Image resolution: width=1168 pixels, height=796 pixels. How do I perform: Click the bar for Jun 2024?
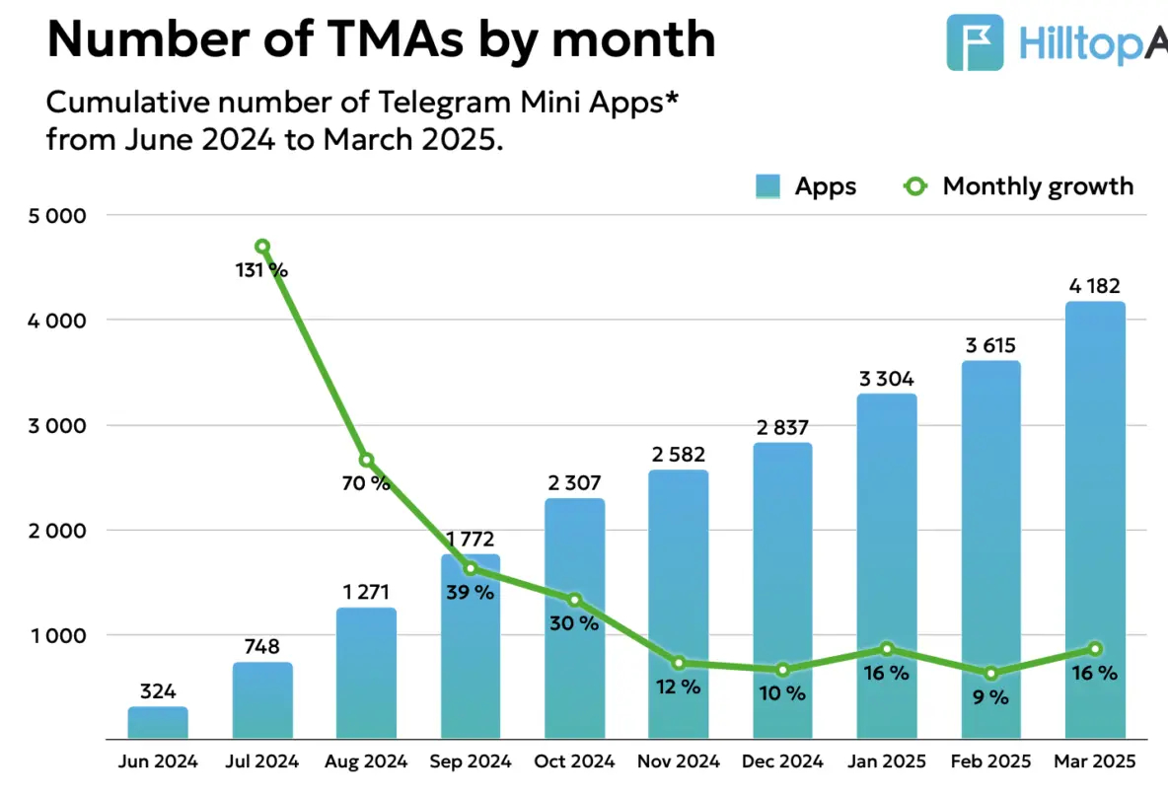pos(158,723)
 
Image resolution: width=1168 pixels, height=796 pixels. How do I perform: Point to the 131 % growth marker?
pos(261,247)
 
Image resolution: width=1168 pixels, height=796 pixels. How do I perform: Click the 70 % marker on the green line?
pos(366,461)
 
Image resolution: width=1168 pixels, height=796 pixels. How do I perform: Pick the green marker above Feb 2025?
pos(990,674)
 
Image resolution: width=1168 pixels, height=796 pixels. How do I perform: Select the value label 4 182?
pos(1095,286)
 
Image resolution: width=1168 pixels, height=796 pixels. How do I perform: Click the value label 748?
pos(261,647)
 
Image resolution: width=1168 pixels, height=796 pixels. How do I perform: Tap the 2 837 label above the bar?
pos(782,427)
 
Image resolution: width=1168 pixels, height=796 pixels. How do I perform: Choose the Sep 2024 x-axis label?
pos(470,761)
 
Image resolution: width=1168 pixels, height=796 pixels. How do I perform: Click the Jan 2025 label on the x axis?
pos(887,761)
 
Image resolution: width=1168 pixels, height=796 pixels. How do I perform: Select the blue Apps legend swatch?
pos(768,185)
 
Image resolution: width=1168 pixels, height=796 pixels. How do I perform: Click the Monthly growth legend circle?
pos(915,185)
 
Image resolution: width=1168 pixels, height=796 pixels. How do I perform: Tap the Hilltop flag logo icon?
pos(975,41)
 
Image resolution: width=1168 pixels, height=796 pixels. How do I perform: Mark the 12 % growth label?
pos(678,687)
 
